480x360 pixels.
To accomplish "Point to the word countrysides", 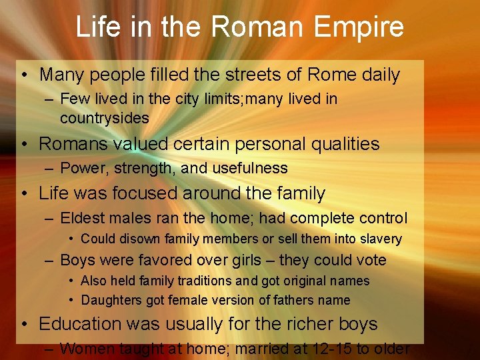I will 105,118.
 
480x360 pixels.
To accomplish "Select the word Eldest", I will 81,218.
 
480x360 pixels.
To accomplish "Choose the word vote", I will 370,260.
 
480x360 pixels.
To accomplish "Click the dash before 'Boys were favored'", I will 50,260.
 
